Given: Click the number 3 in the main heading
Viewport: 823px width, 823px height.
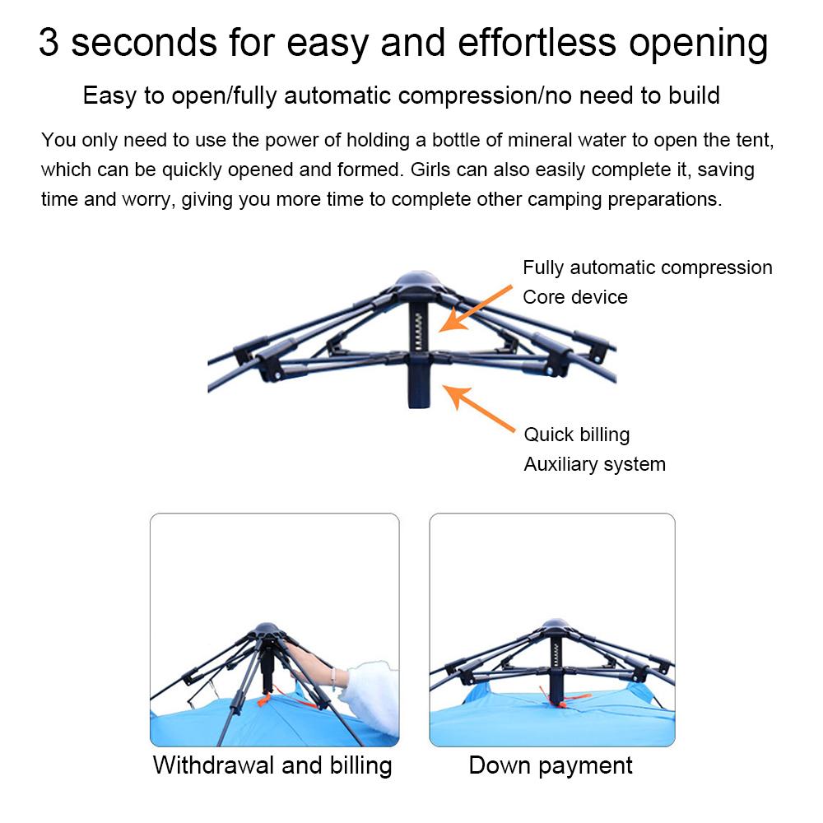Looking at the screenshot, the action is pyautogui.click(x=49, y=43).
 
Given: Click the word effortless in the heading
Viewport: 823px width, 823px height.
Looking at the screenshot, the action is pyautogui.click(x=537, y=43).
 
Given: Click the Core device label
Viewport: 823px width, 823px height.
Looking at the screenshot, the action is pyautogui.click(x=575, y=297).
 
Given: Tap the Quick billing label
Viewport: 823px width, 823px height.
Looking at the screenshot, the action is pyautogui.click(x=577, y=435).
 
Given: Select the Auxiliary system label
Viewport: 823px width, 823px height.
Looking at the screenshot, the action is pyautogui.click(x=595, y=464).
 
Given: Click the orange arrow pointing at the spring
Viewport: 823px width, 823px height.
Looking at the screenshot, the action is pyautogui.click(x=475, y=309).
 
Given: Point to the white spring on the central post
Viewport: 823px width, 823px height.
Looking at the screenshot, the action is pyautogui.click(x=418, y=332).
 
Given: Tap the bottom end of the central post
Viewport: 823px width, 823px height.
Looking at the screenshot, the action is pyautogui.click(x=420, y=405).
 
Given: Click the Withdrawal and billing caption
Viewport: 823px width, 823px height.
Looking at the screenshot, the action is pyautogui.click(x=272, y=765).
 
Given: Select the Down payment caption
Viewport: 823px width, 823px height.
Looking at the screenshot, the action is pyautogui.click(x=551, y=765).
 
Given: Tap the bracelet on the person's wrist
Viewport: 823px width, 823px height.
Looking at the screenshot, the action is pyautogui.click(x=332, y=679).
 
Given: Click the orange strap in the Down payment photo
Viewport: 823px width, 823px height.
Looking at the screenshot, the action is pyautogui.click(x=565, y=698).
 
